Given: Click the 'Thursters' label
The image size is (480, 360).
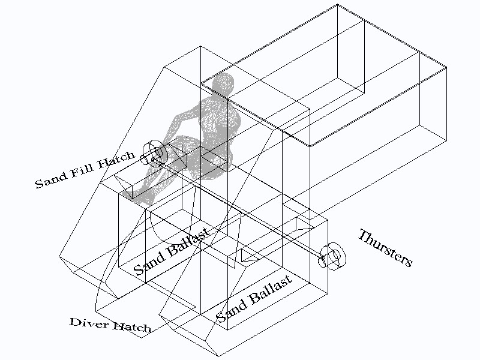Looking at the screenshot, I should pos(385,248).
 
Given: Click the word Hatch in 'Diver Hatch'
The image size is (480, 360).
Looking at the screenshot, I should pos(132,327).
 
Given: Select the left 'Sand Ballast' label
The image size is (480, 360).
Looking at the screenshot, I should pos(172,251).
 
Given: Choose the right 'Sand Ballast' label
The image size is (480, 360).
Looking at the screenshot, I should pos(254,298).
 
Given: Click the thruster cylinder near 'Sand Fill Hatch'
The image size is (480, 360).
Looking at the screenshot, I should pos(154,154).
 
